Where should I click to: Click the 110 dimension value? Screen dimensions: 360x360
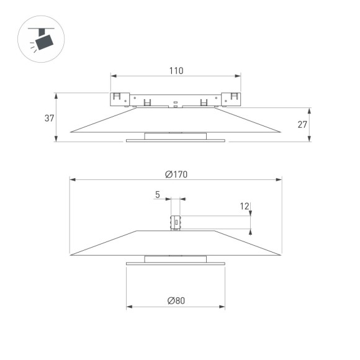click(176, 71)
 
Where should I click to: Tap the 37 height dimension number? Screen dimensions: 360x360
click(50, 118)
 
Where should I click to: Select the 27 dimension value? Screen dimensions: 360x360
click(302, 125)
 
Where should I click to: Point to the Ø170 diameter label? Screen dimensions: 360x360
click(176, 174)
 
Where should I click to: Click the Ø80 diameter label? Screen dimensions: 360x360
click(176, 300)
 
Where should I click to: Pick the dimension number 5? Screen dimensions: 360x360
click(158, 195)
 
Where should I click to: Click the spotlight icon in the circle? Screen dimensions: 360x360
click(42, 40)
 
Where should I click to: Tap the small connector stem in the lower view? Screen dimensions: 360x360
click(176, 222)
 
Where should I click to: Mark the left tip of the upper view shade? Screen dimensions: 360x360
click(71, 131)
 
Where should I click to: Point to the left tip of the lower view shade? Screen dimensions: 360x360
click(71, 254)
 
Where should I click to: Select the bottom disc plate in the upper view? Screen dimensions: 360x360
click(176, 140)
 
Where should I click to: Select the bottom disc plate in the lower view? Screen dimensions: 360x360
click(176, 263)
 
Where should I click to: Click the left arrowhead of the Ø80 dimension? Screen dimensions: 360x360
click(128, 307)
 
